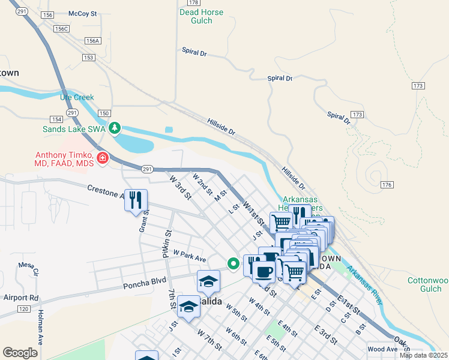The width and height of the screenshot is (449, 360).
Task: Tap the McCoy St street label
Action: click(83, 13)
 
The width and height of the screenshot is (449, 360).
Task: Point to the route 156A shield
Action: click(92, 41)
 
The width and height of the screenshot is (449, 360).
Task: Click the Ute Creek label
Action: click(77, 97)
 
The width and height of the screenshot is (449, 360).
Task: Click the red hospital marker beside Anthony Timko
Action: click(103, 158)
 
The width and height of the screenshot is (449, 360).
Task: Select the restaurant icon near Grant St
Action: click(136, 200)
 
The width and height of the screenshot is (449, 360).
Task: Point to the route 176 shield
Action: click(386, 185)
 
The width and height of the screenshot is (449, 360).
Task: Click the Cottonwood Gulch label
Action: click(427, 285)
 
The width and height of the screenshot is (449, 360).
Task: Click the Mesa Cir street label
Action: click(28, 268)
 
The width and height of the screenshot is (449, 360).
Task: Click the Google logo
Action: click(20, 353)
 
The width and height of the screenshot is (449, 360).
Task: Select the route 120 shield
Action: click(23, 308)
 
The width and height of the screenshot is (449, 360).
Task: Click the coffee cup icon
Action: click(264, 271)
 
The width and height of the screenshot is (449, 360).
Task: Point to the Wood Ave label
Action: click(382, 349)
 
